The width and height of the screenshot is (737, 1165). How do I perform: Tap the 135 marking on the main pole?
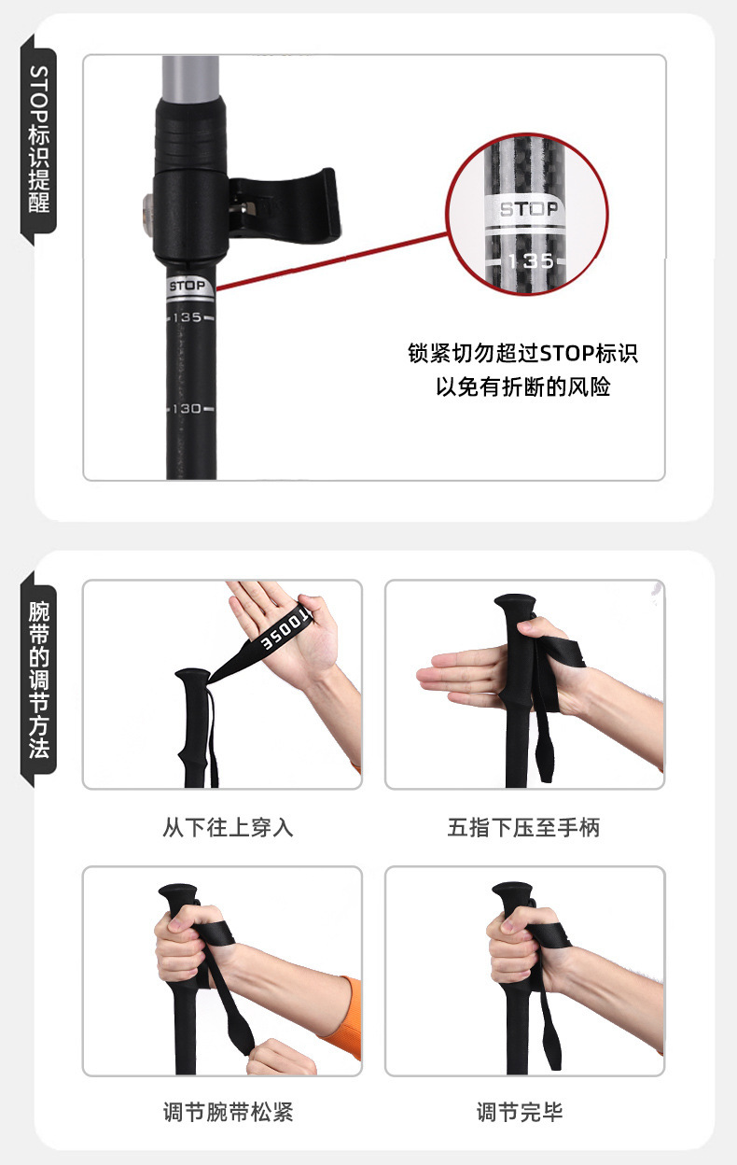coord(188,317)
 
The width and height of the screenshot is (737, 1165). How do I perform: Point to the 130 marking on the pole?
coord(188,409)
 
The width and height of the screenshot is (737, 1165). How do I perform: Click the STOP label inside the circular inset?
coord(528,209)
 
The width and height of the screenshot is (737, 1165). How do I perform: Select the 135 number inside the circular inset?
coord(528,260)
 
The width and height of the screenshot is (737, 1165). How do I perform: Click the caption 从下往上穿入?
coord(228,827)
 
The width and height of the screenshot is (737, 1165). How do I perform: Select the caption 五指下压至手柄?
coord(523,827)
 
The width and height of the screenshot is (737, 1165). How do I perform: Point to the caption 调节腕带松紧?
coord(228,1111)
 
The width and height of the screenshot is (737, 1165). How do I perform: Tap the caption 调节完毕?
coord(520,1111)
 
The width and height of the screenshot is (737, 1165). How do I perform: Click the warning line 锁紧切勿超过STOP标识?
coord(522,354)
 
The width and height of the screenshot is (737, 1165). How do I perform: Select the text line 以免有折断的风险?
coord(522,386)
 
